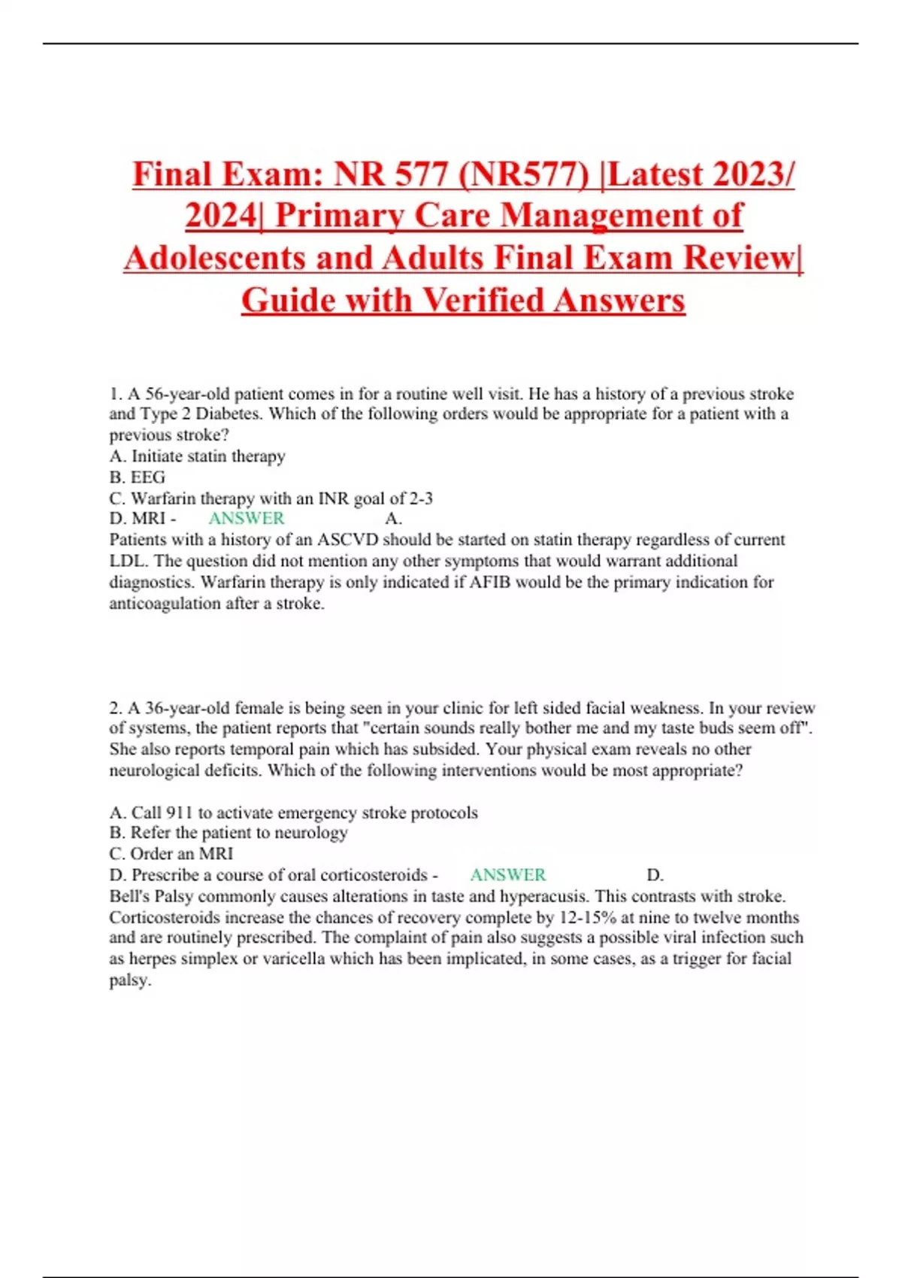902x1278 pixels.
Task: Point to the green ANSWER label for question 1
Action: click(x=247, y=519)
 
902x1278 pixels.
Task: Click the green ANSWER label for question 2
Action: click(x=508, y=875)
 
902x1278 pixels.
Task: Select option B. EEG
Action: click(x=137, y=477)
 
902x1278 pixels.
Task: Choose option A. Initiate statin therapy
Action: click(x=197, y=456)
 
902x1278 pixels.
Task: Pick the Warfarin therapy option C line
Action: click(x=271, y=498)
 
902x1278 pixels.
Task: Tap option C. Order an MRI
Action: click(x=171, y=854)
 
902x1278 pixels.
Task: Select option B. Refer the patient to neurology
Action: click(x=229, y=833)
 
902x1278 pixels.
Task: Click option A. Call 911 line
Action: click(x=293, y=813)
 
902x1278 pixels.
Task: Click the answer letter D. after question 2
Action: click(x=655, y=875)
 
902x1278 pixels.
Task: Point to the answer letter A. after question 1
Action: click(x=393, y=519)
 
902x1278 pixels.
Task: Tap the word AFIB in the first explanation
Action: click(x=492, y=582)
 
